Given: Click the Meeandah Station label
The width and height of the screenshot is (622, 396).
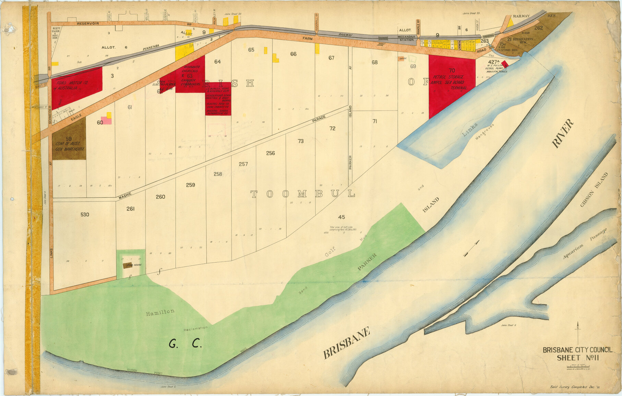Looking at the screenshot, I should point(406,38).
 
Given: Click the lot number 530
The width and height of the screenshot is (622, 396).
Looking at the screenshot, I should point(85,215).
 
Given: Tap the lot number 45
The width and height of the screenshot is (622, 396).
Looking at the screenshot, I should point(341,217).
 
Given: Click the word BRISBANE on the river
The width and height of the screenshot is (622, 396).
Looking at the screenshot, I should point(346,343).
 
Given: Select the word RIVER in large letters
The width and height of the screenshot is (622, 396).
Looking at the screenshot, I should point(562,134).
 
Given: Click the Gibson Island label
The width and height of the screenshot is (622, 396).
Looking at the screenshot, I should point(594,189).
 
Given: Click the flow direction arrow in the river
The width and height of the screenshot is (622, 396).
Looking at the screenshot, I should point(471,249).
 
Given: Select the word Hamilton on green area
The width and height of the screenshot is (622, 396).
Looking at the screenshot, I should point(160,312).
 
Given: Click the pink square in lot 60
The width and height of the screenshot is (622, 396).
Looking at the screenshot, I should point(106,120).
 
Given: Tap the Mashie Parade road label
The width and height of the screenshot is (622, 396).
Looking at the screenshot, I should point(125,195).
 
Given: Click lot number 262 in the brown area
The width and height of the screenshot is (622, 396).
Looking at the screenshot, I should point(538,28).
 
